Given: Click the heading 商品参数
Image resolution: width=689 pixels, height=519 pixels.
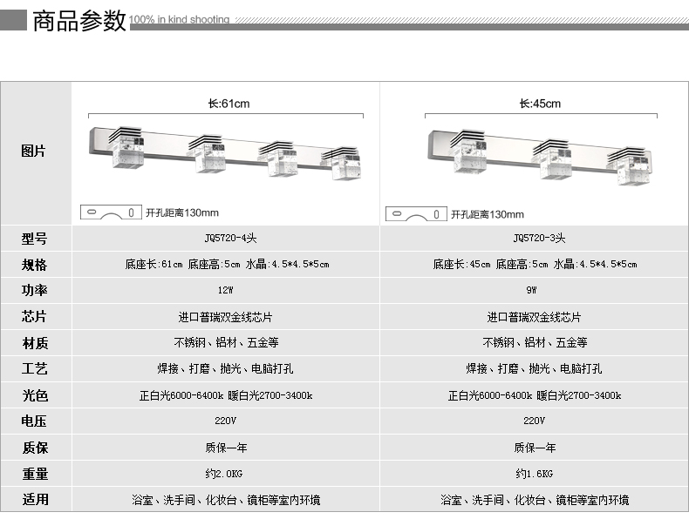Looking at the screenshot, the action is pyautogui.click(x=79, y=21).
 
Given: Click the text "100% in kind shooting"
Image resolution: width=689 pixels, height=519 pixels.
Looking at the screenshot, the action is pyautogui.click(x=180, y=19).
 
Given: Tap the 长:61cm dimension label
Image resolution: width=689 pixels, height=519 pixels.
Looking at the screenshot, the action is pyautogui.click(x=229, y=104).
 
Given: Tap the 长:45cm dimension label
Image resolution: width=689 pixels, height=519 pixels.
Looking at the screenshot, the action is pyautogui.click(x=540, y=104).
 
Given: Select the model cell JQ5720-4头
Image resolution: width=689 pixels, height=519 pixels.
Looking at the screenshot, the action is pyautogui.click(x=230, y=238).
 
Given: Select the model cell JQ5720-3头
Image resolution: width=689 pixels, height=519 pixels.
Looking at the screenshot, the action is pyautogui.click(x=539, y=238).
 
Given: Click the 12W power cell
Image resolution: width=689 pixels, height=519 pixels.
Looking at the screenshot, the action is pyautogui.click(x=225, y=290).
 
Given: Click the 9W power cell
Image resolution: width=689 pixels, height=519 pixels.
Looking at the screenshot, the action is pyautogui.click(x=531, y=290).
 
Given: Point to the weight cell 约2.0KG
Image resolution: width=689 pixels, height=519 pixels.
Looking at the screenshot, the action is pyautogui.click(x=223, y=474).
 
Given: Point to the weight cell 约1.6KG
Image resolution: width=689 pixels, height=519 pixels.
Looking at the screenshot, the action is pyautogui.click(x=535, y=474).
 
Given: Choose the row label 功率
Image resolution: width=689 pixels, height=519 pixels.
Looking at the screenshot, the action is pyautogui.click(x=34, y=290).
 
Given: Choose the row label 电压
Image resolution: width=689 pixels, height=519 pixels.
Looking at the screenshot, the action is pyautogui.click(x=34, y=421).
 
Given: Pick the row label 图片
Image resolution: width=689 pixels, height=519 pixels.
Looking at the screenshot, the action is pyautogui.click(x=33, y=151).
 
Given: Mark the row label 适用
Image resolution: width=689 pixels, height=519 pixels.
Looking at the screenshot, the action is pyautogui.click(x=35, y=499).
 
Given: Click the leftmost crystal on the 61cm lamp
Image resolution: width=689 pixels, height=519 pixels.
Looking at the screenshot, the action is pyautogui.click(x=126, y=148).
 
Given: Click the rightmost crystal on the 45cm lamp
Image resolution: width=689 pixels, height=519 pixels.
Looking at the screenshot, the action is pyautogui.click(x=631, y=165).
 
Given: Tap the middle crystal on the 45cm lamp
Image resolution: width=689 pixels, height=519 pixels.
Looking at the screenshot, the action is pyautogui.click(x=554, y=158).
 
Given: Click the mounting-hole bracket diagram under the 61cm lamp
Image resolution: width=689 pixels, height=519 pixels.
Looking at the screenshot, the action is pyautogui.click(x=111, y=212).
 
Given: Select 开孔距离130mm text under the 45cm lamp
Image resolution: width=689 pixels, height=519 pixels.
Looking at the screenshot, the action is pyautogui.click(x=488, y=214).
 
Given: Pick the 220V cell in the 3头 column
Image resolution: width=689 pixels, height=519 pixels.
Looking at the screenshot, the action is pyautogui.click(x=535, y=421).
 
